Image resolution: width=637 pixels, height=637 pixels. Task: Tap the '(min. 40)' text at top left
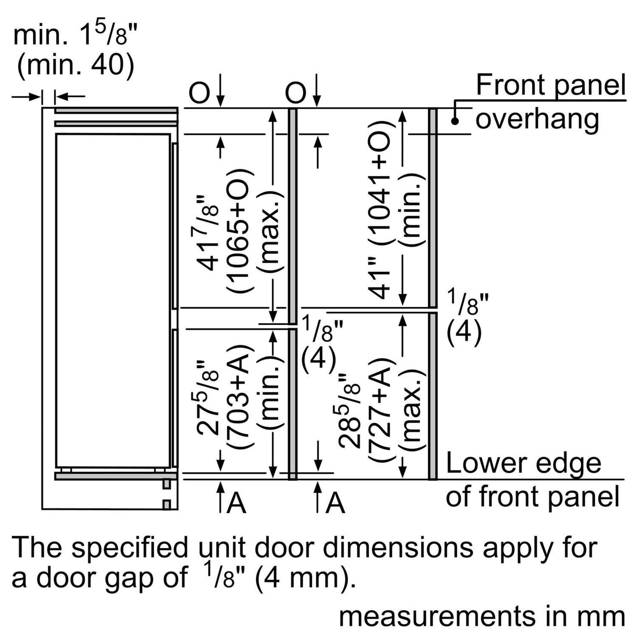click(x=75, y=66)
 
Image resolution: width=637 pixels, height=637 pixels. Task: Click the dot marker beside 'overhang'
click(x=455, y=121)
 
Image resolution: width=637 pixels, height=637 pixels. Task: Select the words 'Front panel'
click(x=550, y=86)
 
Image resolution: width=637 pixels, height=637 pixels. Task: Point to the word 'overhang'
click(x=537, y=119)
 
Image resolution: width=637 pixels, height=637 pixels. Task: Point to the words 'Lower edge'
click(x=523, y=463)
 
